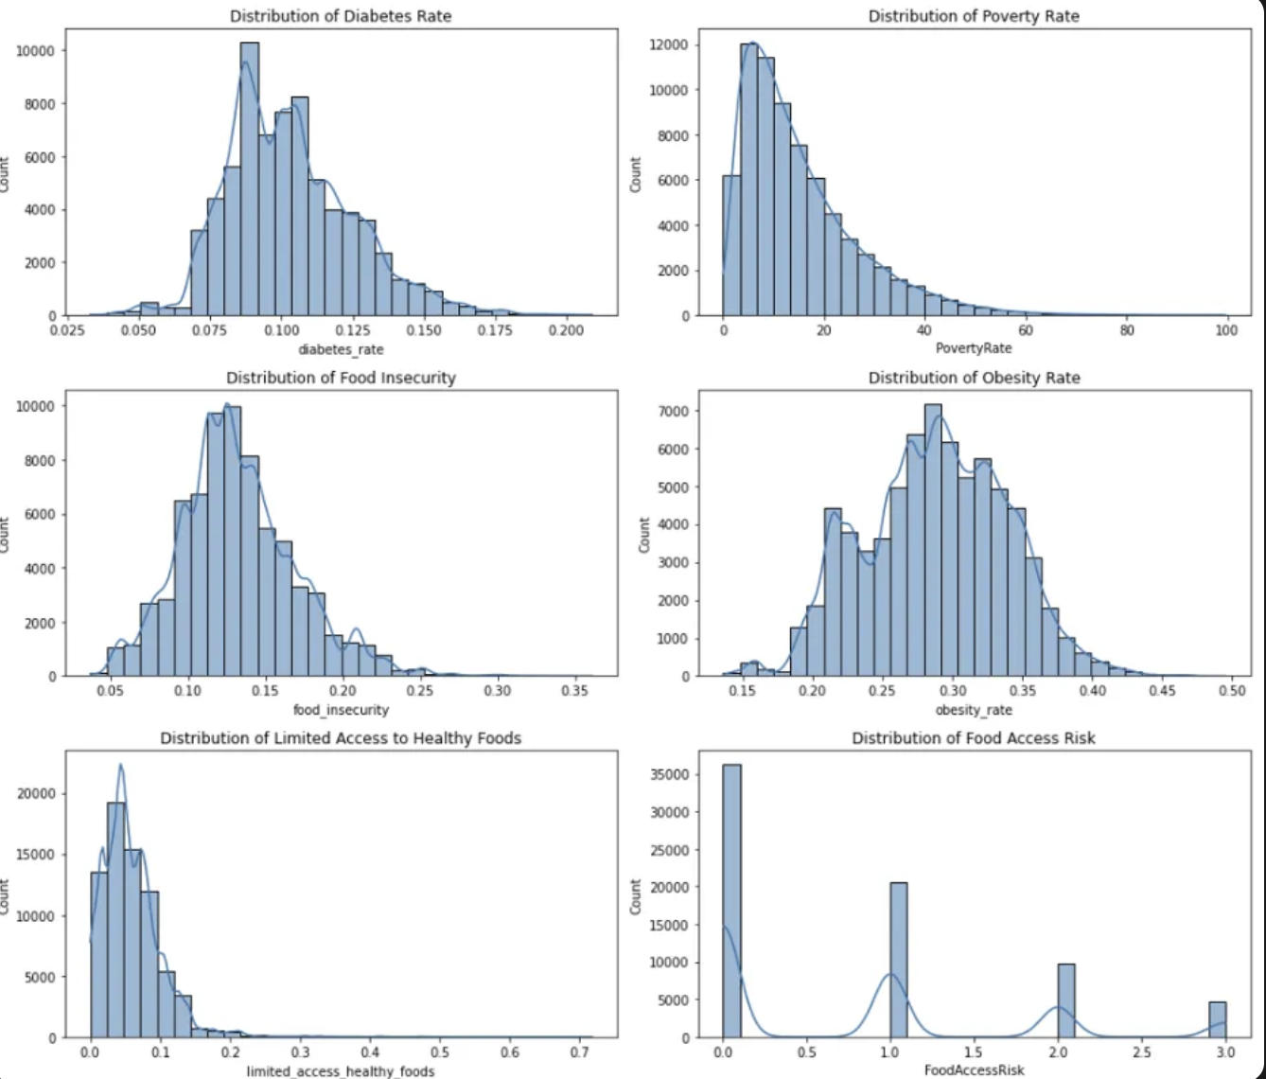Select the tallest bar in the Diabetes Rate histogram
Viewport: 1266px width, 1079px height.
pyautogui.click(x=249, y=180)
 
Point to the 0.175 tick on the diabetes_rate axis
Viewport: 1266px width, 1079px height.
pyautogui.click(x=495, y=330)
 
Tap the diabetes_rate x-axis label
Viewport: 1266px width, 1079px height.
pyautogui.click(x=342, y=349)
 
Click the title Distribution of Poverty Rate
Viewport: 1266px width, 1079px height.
pyautogui.click(x=974, y=16)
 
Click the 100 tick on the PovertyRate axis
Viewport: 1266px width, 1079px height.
pyautogui.click(x=1226, y=330)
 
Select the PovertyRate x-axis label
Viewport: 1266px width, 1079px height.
pyautogui.click(x=974, y=348)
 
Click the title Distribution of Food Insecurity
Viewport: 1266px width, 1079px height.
pyautogui.click(x=341, y=378)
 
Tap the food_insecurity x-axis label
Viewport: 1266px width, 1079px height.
pyautogui.click(x=341, y=710)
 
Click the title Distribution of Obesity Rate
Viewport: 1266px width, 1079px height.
pyautogui.click(x=974, y=378)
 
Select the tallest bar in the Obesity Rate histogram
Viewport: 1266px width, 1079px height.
pyautogui.click(x=933, y=539)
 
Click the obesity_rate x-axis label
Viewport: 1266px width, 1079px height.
pyautogui.click(x=974, y=710)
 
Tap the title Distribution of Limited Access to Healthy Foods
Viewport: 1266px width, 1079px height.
pyautogui.click(x=341, y=738)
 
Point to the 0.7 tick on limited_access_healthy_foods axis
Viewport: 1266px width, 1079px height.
pyautogui.click(x=579, y=1052)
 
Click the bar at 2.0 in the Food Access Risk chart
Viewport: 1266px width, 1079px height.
pyautogui.click(x=1066, y=1001)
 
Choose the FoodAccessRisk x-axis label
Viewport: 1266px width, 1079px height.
pyautogui.click(x=974, y=1070)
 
